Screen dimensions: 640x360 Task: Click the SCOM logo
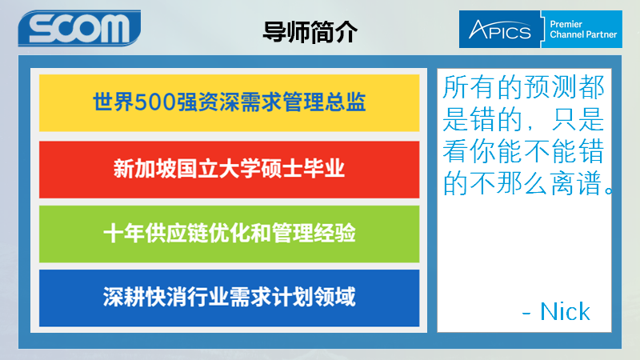click(79, 28)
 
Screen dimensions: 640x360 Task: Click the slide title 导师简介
click(310, 32)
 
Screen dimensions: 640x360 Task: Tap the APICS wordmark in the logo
click(499, 30)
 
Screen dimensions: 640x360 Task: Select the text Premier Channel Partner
click(583, 30)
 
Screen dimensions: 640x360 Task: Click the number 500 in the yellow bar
click(155, 102)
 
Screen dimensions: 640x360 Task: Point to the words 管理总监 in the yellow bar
click(324, 102)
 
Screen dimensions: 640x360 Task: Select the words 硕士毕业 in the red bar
click(303, 169)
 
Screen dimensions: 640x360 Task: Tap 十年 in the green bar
click(124, 234)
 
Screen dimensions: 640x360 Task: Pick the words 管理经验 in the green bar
click(314, 234)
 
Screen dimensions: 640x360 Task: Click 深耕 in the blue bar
click(124, 297)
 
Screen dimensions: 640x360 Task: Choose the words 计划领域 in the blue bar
click(314, 297)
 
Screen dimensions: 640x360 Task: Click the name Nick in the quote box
click(565, 312)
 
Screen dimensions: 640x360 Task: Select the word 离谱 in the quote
click(577, 183)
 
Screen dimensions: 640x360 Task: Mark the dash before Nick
click(526, 314)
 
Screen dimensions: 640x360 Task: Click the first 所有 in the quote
click(470, 87)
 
